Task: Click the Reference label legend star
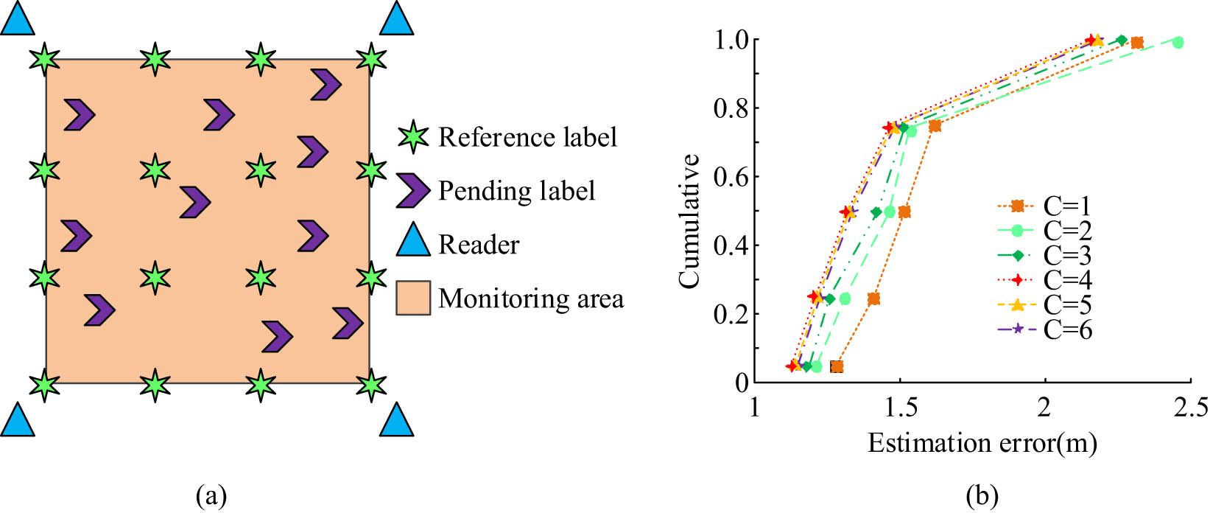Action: (412, 137)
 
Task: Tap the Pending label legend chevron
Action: (412, 191)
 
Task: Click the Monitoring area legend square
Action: (413, 298)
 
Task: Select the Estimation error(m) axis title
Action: (982, 444)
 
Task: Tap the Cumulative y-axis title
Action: (689, 221)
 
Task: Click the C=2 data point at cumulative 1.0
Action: (1178, 42)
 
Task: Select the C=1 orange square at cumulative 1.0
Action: (1137, 43)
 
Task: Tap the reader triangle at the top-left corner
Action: (17, 18)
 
